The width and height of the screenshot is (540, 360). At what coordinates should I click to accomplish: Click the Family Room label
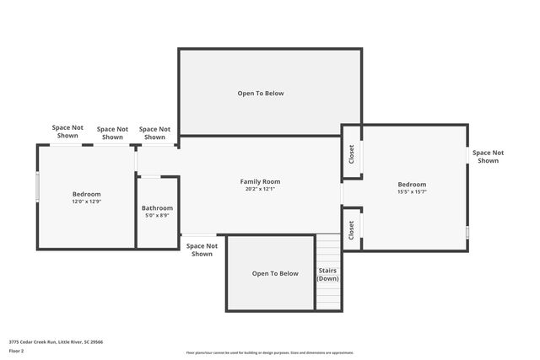260,181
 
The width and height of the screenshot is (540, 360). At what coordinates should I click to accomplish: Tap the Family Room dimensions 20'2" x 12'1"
260,189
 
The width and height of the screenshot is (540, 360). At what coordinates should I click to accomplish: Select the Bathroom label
157,208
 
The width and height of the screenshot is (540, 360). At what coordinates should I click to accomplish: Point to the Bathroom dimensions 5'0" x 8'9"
157,216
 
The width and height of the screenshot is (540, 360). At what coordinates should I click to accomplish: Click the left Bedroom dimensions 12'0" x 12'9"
86,201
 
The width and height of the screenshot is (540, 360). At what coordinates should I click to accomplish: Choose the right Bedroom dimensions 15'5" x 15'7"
412,191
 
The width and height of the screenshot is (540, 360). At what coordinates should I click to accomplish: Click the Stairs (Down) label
327,274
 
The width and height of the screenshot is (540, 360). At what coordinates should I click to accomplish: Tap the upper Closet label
352,154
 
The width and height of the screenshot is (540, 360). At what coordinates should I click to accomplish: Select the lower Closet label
352,229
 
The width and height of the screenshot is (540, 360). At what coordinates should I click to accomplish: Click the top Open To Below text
261,94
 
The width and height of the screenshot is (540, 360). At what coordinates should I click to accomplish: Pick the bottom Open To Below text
275,273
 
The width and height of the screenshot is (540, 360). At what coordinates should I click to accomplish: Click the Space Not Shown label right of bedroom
488,156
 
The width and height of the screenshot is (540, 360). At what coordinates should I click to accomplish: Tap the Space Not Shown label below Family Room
202,250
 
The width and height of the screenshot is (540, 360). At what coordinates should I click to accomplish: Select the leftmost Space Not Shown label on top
67,131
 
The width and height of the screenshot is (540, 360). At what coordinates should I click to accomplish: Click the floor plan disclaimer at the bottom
270,352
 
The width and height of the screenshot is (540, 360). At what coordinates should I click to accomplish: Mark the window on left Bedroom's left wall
37,187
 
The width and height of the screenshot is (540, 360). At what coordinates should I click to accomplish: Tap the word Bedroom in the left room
86,194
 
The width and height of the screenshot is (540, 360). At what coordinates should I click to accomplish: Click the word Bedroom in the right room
412,184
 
